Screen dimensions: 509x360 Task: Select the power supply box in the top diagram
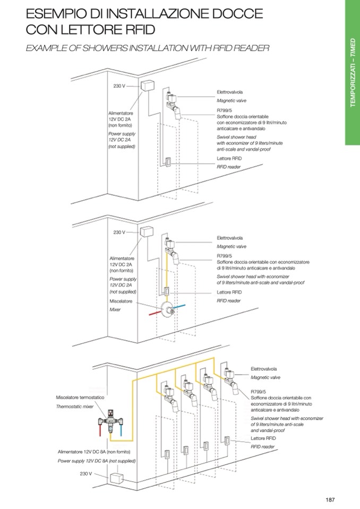pyautogui.click(x=147, y=85)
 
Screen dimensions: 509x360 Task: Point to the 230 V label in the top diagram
pyautogui.click(x=119, y=86)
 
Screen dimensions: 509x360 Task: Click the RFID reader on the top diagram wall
pyautogui.click(x=167, y=162)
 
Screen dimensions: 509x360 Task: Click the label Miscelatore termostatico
pyautogui.click(x=80, y=397)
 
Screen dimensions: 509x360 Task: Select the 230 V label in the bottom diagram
pyautogui.click(x=87, y=473)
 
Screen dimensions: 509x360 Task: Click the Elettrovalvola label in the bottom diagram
pyautogui.click(x=264, y=368)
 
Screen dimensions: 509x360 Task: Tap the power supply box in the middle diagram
pyautogui.click(x=147, y=231)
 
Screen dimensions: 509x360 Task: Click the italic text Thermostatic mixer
pyautogui.click(x=75, y=407)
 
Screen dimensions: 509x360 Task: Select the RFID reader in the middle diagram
pyautogui.click(x=167, y=291)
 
